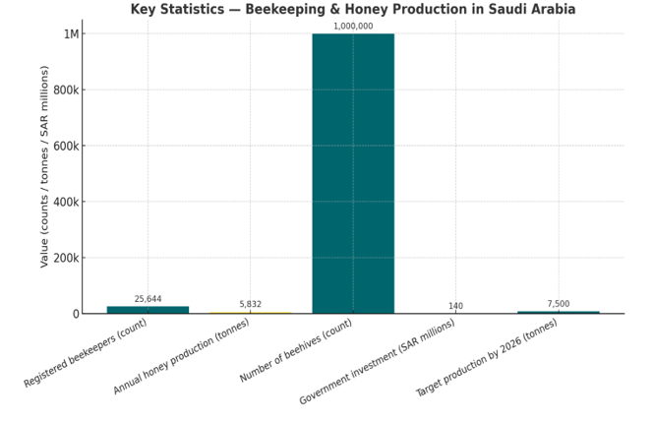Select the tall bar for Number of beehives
[x=353, y=173]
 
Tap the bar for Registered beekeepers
[x=148, y=309]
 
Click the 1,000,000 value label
[x=353, y=27]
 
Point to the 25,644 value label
[x=148, y=299]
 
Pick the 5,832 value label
[x=250, y=305]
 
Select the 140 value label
[x=455, y=306]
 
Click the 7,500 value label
[x=558, y=304]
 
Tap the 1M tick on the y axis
[x=71, y=34]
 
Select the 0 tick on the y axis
[x=75, y=315]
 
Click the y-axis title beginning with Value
[x=44, y=166]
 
